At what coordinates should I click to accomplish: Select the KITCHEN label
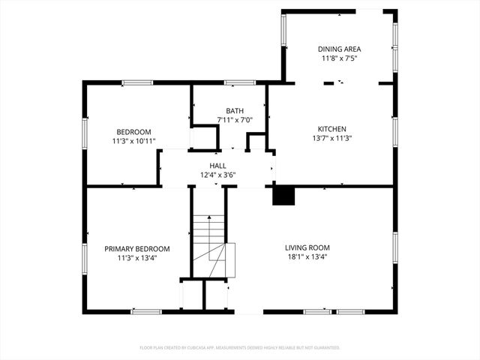(332, 128)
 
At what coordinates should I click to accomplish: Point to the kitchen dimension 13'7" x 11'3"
(332, 138)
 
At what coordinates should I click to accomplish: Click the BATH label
(235, 110)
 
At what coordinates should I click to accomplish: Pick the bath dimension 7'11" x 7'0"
(235, 119)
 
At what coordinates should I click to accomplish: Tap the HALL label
(217, 166)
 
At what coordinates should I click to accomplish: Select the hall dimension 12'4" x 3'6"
(217, 175)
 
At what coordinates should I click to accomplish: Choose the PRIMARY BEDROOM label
(136, 248)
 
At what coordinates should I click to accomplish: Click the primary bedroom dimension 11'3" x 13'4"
(136, 257)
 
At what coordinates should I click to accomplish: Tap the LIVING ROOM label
(307, 247)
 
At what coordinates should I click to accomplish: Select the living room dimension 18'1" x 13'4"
(307, 257)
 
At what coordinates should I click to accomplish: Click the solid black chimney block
(283, 196)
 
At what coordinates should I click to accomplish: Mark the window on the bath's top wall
(239, 82)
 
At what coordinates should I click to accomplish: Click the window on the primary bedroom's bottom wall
(145, 311)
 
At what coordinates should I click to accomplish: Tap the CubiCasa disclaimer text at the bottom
(240, 347)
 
